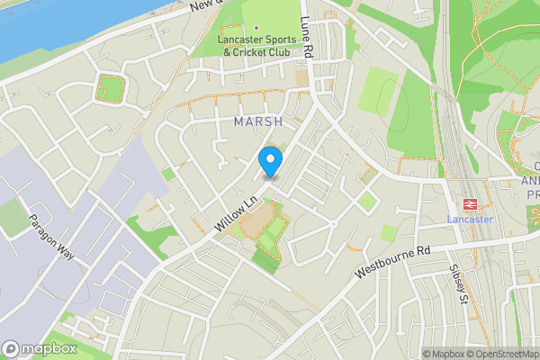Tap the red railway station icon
click(468, 203)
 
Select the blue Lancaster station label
click(469, 219)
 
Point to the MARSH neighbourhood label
click(258, 121)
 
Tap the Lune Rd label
click(307, 40)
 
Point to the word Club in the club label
click(277, 52)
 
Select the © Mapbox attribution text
click(444, 354)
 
